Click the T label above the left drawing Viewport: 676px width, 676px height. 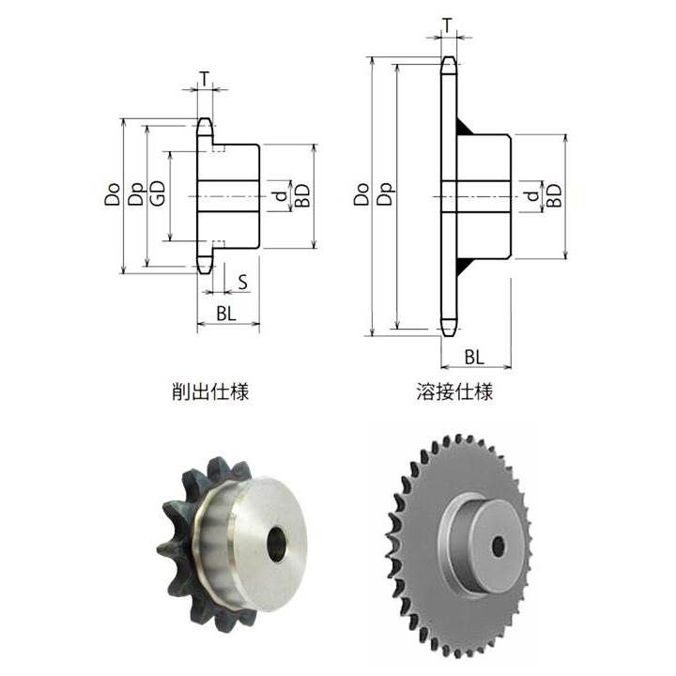pos(205,79)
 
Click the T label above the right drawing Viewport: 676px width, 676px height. pos(448,26)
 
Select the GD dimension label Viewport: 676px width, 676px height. pos(158,192)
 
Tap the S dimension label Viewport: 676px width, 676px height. pos(243,283)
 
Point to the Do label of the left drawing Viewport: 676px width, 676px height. pos(112,194)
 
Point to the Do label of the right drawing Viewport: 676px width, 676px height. pos(361,194)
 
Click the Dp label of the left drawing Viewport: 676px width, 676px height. pos(136,194)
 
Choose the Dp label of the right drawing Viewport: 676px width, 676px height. pos(386,194)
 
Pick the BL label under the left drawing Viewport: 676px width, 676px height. pos(226,314)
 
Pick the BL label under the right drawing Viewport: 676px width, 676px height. pos(474,358)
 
